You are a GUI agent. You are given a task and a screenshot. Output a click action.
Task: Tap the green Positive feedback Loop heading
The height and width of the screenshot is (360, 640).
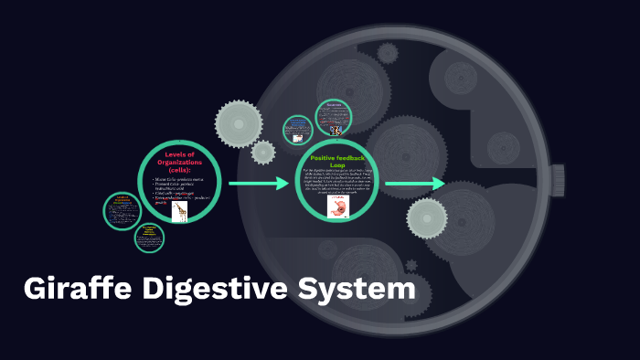click(x=337, y=161)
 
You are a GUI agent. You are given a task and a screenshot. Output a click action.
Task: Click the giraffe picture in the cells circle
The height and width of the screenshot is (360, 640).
click(x=179, y=212)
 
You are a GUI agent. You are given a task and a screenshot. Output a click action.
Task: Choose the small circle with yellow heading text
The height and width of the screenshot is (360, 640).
click(x=149, y=238)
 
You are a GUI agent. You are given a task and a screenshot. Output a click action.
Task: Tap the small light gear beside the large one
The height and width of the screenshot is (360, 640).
click(x=263, y=152)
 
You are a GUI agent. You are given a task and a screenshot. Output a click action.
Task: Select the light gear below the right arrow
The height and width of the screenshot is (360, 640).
click(x=427, y=217)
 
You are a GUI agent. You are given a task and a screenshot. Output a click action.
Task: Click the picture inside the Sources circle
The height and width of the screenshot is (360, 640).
click(x=335, y=131)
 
